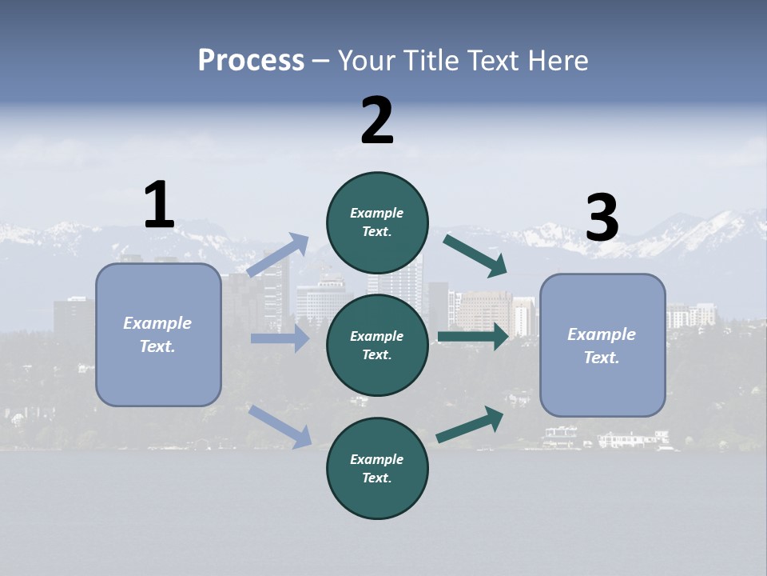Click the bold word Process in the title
point(251,60)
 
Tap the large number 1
point(159,206)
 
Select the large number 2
point(377,120)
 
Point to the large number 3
point(602,218)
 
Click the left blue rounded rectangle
point(158,334)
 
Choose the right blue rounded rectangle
point(602,345)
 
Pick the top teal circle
point(377,222)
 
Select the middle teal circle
point(377,345)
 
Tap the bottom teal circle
point(377,468)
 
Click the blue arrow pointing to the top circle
point(278,255)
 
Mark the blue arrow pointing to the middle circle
point(280,338)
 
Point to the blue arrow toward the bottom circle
point(280,426)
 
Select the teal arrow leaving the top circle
point(475,255)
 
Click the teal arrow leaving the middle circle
point(473,337)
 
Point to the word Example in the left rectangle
point(157,323)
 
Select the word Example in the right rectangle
point(602,334)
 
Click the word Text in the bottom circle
point(376,478)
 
